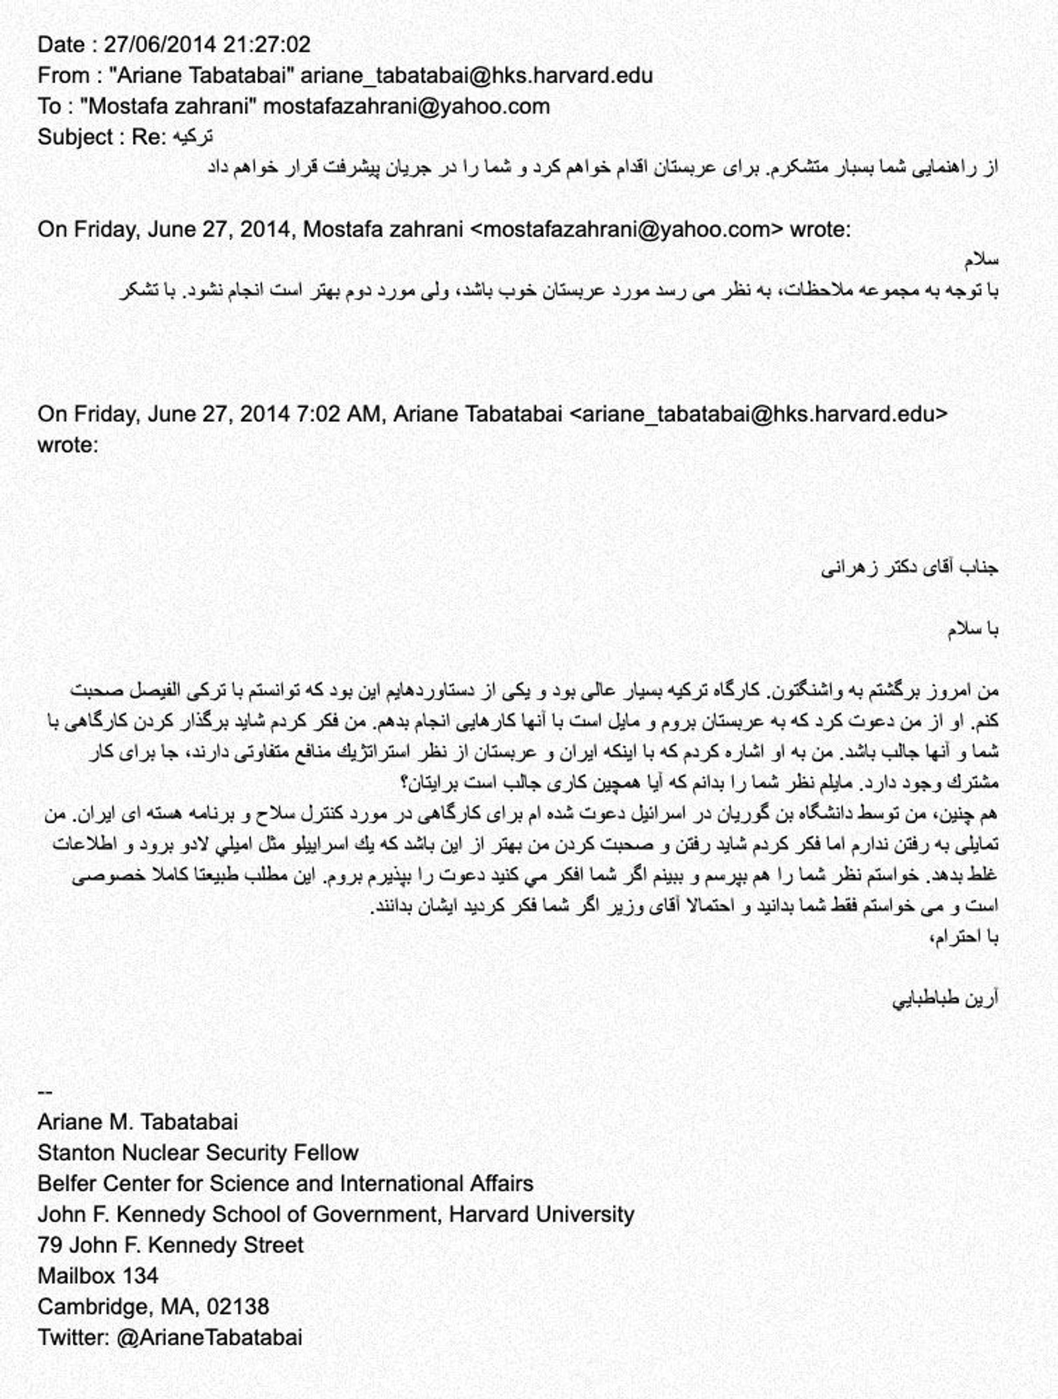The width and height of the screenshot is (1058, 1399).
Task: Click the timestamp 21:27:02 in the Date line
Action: click(x=266, y=44)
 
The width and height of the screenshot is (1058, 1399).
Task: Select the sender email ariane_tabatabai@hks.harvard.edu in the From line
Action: click(x=476, y=75)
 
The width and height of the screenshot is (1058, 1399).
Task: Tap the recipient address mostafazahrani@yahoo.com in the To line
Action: click(x=406, y=106)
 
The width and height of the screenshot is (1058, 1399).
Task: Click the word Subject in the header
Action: click(x=75, y=138)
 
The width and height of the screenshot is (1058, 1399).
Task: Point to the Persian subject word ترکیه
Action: click(x=192, y=138)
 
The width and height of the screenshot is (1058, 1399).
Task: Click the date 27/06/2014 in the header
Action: click(x=160, y=44)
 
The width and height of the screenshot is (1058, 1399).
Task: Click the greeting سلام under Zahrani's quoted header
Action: click(x=981, y=260)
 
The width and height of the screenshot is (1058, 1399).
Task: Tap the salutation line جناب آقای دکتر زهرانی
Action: click(x=909, y=568)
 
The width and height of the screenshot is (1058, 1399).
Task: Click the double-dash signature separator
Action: click(x=45, y=1092)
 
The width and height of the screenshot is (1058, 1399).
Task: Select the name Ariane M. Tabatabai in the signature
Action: click(x=138, y=1122)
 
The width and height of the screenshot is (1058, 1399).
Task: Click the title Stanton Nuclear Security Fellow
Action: click(x=198, y=1153)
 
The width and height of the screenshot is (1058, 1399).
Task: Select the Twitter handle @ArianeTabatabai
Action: click(x=209, y=1337)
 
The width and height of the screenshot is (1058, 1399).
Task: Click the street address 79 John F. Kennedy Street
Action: click(x=170, y=1245)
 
